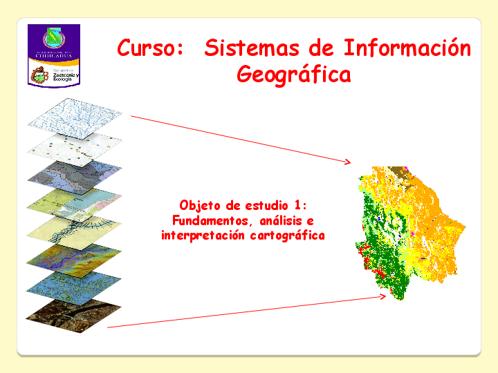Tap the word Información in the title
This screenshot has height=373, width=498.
(407, 48)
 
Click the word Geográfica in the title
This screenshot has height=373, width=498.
(293, 73)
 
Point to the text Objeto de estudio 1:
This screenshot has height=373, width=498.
(242, 205)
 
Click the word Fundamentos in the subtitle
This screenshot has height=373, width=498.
(210, 220)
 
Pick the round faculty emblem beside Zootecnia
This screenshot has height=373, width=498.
(40, 75)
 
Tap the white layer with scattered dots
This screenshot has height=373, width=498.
(75, 147)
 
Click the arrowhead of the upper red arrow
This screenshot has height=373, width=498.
(348, 162)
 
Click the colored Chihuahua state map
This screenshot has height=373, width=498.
(408, 228)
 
